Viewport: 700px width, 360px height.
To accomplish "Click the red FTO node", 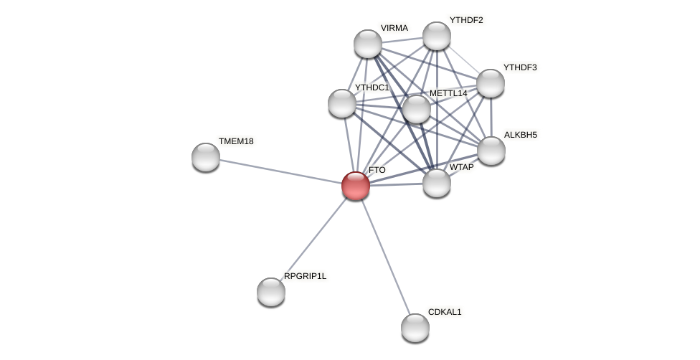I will coord(356,186).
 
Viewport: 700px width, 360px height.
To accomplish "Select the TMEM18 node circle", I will coord(206,157).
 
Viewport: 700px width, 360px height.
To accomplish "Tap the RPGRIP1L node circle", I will coord(271,292).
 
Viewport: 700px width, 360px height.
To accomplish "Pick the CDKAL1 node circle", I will coord(415,328).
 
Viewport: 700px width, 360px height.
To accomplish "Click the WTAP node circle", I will coord(437,183).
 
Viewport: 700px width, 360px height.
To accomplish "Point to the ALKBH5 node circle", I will coord(491,151).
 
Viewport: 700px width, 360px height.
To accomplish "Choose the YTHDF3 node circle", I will coord(491,83).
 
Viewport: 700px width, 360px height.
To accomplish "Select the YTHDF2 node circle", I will coord(437,36).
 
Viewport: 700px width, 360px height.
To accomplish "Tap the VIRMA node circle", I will coord(368,44).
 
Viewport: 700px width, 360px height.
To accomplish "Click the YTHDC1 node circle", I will coord(342,103).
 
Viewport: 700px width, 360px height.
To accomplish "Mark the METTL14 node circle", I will coord(417,109).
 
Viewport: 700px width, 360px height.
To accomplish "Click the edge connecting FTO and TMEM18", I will coord(280,171).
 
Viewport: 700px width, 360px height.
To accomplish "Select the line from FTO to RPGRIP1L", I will coord(314,238).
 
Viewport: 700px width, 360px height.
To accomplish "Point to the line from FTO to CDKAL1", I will coord(385,256).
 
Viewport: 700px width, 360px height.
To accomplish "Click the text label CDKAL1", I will coord(445,312).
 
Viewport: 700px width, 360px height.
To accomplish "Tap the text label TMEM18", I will coord(236,141).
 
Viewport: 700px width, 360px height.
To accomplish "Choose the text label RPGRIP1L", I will coord(305,276).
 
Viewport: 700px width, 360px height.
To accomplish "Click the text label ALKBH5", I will coord(520,135).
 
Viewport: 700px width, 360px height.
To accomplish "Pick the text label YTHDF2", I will coord(466,20).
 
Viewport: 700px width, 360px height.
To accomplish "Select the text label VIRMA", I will coord(394,28).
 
